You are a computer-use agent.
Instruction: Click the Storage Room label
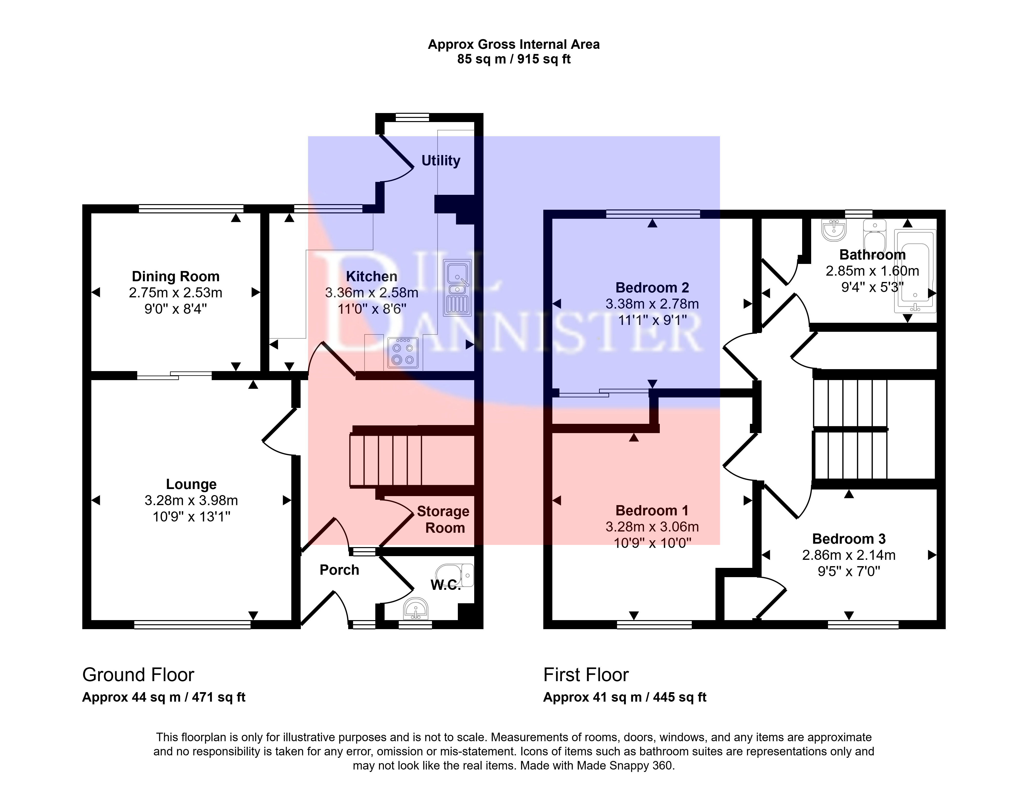443,520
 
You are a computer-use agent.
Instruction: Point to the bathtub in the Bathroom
915,271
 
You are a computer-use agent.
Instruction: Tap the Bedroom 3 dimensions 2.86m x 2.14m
849,555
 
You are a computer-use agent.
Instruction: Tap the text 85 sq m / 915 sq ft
514,59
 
